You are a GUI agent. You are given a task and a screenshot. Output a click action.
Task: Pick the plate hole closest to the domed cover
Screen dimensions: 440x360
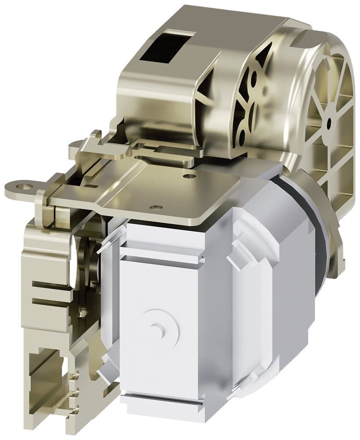(189, 176)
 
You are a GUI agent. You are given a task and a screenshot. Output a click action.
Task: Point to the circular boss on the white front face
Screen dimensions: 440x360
(158, 326)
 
